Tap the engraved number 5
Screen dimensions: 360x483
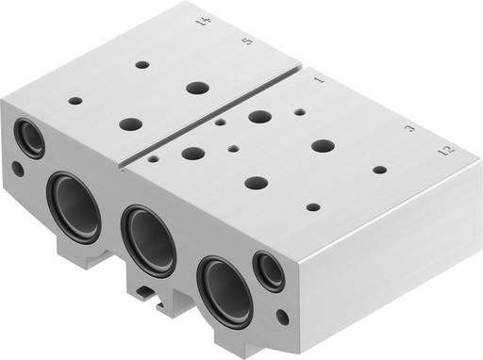tap(247, 42)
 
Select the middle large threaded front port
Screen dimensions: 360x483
tap(147, 240)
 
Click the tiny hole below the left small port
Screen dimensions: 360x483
tap(18, 171)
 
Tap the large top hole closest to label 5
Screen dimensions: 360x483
tap(197, 88)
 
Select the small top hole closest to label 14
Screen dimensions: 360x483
tap(142, 65)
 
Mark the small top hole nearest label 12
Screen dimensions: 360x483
tap(379, 171)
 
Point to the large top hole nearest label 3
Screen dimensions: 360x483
tap(323, 146)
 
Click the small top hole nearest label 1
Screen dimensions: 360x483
tap(299, 111)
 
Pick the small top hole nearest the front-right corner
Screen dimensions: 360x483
tap(313, 206)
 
